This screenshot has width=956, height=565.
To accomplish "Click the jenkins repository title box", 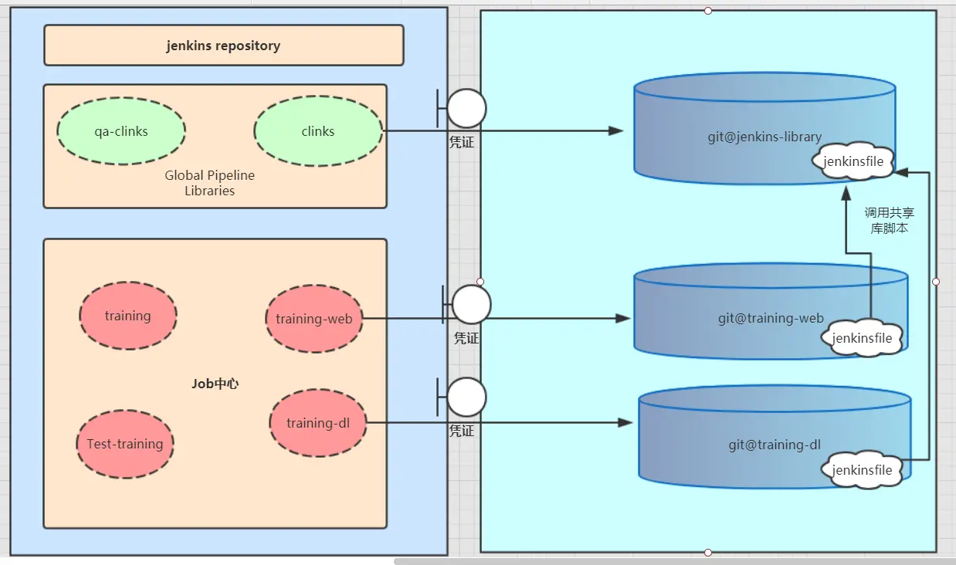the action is coord(224,46).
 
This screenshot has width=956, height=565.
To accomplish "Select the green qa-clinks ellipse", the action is coord(121,131).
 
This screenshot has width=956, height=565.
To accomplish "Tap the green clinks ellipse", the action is coord(318,131).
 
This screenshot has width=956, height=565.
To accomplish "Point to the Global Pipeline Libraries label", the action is coord(209,183).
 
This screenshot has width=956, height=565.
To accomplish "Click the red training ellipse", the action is coord(128,316).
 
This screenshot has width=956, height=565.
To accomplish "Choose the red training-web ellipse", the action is coord(314,319).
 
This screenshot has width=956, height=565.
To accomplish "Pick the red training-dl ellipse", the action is coord(318,423).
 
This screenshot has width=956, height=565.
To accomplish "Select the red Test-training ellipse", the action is coord(125,444).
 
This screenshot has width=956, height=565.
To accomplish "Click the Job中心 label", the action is coord(215,384).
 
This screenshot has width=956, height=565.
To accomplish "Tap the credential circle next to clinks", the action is coord(466,108).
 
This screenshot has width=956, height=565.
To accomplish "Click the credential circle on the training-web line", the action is coord(472,304).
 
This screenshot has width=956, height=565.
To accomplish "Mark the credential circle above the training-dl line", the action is coord(466,397).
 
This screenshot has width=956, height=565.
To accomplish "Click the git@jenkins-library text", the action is coord(764,137).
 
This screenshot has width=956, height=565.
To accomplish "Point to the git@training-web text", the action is coord(771,318).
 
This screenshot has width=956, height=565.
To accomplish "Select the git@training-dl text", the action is coord(775,445).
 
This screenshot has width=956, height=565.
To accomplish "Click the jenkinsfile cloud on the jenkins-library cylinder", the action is coord(853,161).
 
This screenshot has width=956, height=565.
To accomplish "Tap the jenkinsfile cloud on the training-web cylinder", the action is coord(862,337).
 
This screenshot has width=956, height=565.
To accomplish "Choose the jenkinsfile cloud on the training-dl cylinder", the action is coord(862,469).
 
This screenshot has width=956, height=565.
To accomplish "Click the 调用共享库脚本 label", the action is coord(890,220).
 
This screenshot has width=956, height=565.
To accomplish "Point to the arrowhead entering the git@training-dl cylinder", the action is coord(625,423).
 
